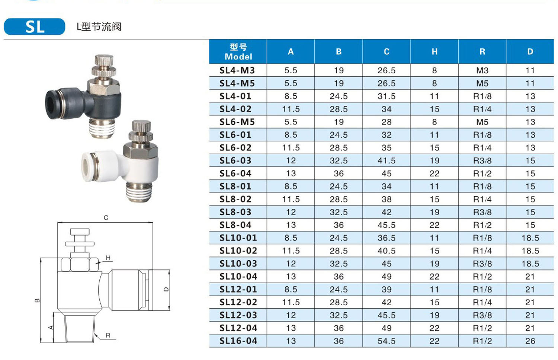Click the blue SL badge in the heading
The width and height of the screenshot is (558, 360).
35,26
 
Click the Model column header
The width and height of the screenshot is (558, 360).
238,52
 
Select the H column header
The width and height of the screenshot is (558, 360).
434,52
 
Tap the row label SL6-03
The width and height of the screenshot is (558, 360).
235,160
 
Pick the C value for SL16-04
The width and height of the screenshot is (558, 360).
387,341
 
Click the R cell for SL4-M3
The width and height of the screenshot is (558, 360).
482,71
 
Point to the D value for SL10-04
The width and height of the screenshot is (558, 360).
530,277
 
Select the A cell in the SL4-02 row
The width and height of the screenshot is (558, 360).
291,109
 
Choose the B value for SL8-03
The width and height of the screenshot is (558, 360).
339,212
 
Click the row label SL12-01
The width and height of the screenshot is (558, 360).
238,289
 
